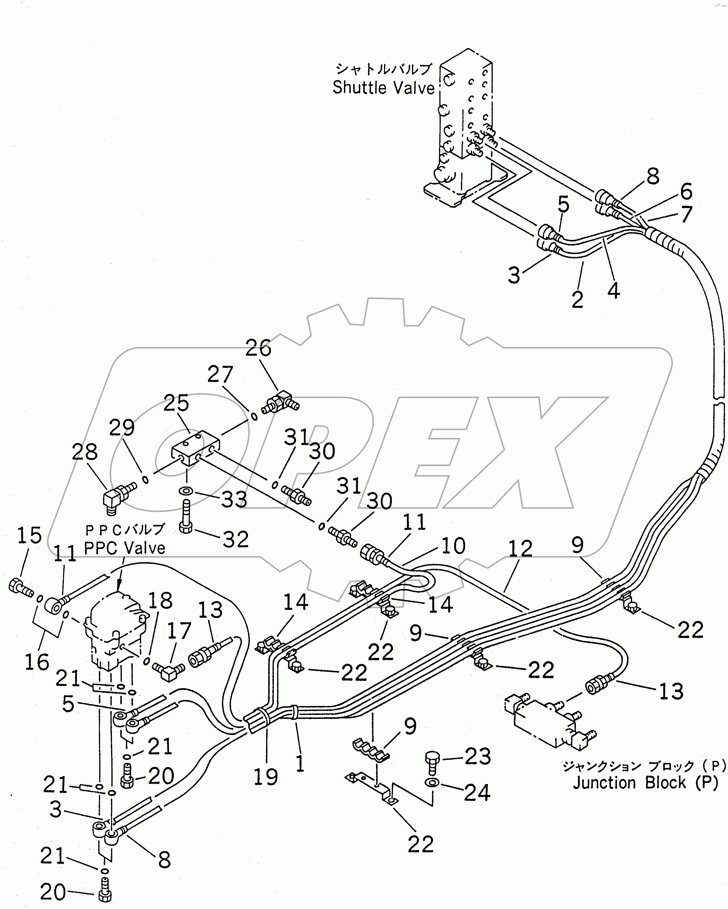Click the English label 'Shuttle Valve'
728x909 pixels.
pyautogui.click(x=383, y=88)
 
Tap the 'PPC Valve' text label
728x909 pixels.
pyautogui.click(x=124, y=548)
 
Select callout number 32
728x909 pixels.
pyautogui.click(x=235, y=539)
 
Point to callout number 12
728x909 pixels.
pyautogui.click(x=520, y=549)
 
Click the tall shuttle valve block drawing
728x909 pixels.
pyautogui.click(x=464, y=126)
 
